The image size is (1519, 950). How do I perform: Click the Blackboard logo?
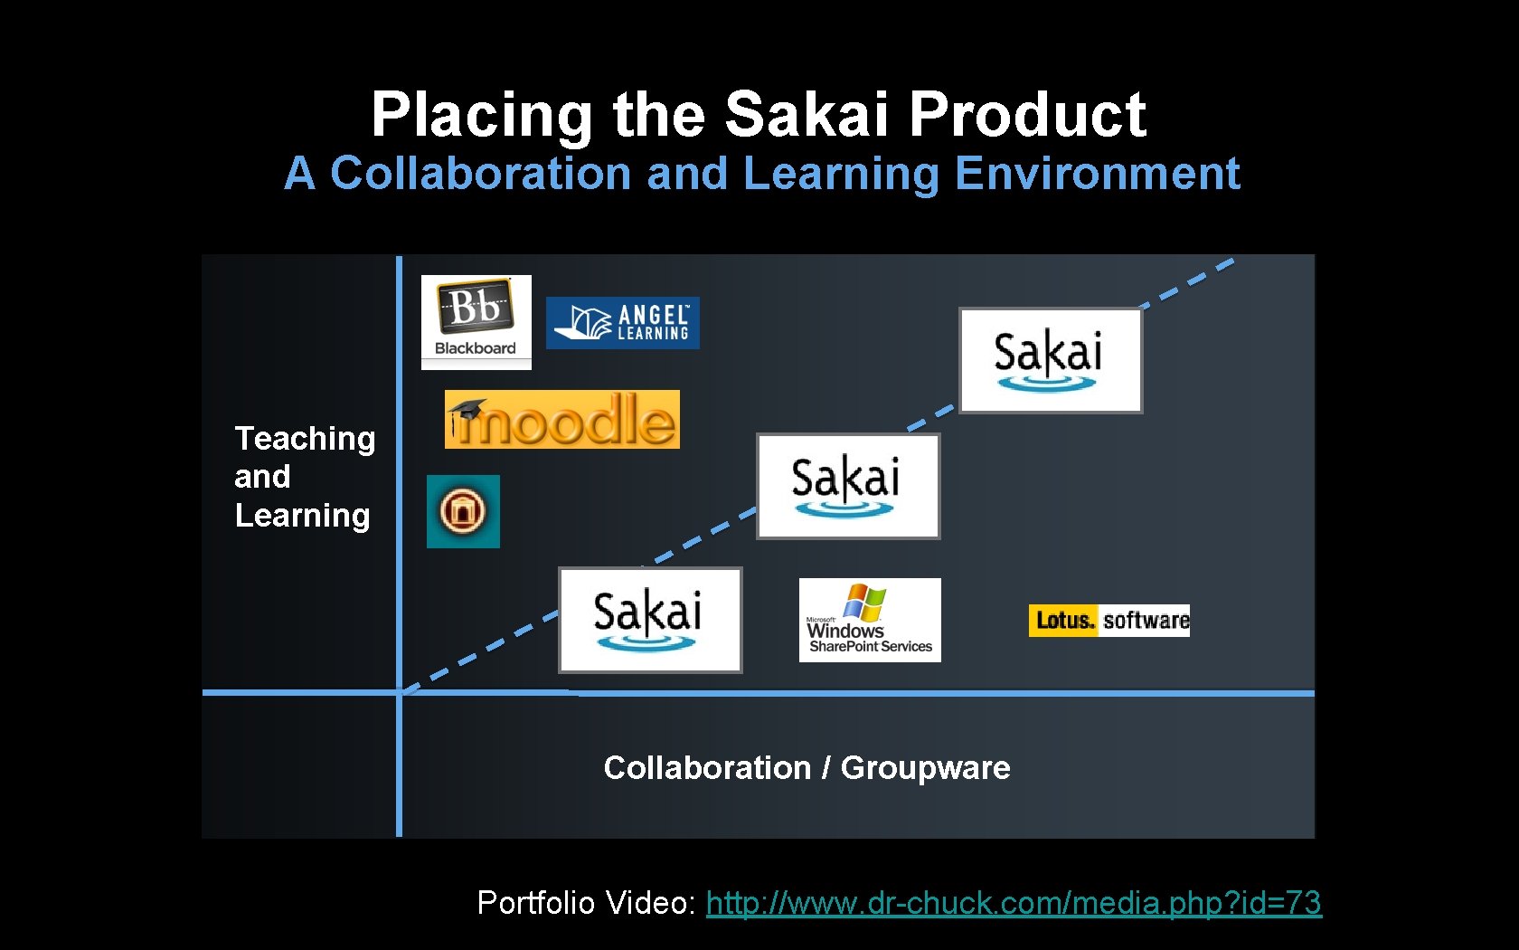click(x=476, y=322)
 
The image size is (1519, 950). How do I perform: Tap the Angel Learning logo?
click(x=622, y=323)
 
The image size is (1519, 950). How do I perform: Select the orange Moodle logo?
click(x=562, y=420)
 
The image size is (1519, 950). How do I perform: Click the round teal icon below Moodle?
click(x=463, y=511)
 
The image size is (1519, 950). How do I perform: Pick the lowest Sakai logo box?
click(x=650, y=620)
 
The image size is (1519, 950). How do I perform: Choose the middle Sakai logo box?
click(x=848, y=486)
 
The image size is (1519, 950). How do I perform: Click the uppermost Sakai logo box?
click(x=1051, y=360)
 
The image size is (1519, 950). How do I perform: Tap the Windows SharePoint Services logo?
click(x=870, y=621)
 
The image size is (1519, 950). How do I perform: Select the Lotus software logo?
click(x=1109, y=621)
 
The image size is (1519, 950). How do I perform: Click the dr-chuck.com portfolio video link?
click(x=1014, y=902)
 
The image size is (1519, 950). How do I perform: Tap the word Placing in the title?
click(x=481, y=115)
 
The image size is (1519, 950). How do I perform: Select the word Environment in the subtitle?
click(x=1097, y=173)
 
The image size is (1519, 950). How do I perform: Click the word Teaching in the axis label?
click(x=305, y=439)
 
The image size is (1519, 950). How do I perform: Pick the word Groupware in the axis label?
click(x=925, y=767)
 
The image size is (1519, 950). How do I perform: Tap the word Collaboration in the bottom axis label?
click(x=707, y=767)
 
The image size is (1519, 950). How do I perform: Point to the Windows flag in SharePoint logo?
click(x=864, y=602)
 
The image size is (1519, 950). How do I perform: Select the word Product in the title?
click(x=1027, y=115)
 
